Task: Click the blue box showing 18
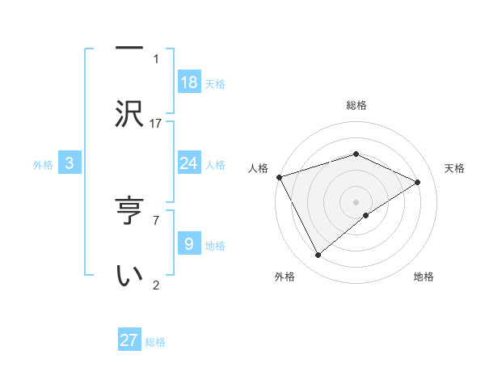point(189,82)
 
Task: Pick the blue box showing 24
point(189,163)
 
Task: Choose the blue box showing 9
point(189,243)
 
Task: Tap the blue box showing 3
point(70,163)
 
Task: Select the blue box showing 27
point(129,340)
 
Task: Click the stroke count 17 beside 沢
point(156,124)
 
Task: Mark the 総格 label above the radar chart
point(356,105)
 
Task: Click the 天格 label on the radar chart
point(454,168)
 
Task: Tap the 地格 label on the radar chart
point(424,277)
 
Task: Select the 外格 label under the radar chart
point(285,277)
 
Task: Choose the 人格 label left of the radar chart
point(258,168)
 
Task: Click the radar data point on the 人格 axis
point(279,176)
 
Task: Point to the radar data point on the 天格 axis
point(418,182)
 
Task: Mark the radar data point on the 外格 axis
point(318,255)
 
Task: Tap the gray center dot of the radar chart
point(356,201)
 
